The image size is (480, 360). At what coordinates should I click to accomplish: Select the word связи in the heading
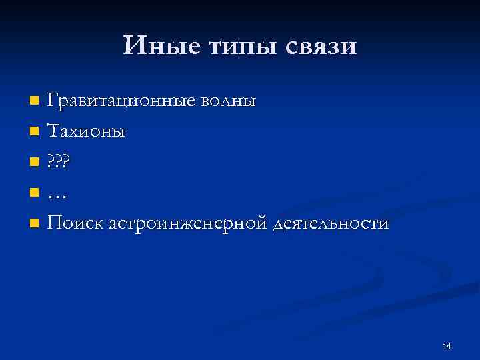click(322, 47)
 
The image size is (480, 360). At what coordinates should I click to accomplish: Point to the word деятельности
click(331, 223)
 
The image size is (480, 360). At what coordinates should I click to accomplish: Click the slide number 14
click(446, 345)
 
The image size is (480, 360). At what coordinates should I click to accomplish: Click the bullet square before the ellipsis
click(35, 193)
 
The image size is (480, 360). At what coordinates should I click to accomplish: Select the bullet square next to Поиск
click(35, 223)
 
